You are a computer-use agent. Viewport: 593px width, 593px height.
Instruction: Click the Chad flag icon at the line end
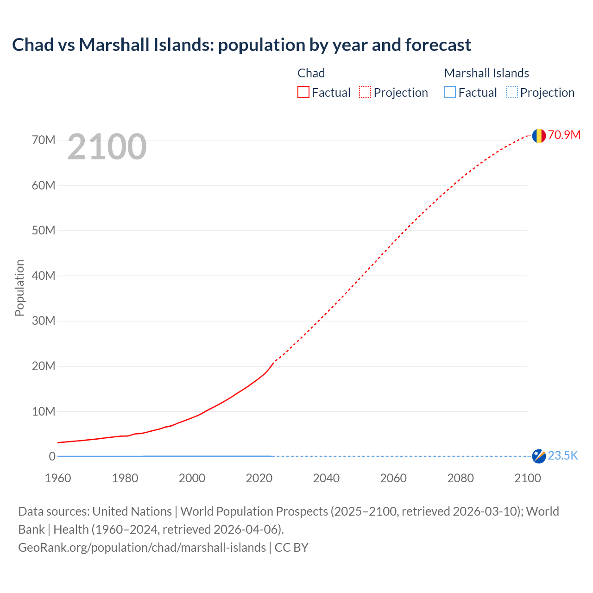539,135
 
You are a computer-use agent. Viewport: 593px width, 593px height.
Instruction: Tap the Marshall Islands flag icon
539,456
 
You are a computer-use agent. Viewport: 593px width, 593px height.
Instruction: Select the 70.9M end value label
564,135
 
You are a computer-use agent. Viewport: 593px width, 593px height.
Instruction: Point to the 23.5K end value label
563,456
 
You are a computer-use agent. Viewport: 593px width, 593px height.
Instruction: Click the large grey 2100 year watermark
107,147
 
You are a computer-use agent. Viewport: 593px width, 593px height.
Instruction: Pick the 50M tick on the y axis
44,230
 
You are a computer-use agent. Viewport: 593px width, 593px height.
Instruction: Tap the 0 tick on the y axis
52,456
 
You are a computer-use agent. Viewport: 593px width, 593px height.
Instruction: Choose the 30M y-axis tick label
44,321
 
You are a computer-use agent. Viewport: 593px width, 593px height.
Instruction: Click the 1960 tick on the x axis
58,478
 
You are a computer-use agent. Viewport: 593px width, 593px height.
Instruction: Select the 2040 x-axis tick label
326,478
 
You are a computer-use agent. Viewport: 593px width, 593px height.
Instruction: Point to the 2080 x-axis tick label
461,478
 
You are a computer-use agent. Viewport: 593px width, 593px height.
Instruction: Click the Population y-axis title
19,288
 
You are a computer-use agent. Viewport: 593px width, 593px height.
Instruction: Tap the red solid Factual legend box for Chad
303,93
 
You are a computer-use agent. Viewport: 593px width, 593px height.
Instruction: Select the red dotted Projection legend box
365,93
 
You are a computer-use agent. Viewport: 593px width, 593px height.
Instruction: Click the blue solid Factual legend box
450,93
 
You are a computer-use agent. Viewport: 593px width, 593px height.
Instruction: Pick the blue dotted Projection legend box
512,93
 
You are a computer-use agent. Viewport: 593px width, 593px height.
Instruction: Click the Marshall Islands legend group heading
486,73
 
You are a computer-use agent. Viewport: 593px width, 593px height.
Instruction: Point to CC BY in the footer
291,548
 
